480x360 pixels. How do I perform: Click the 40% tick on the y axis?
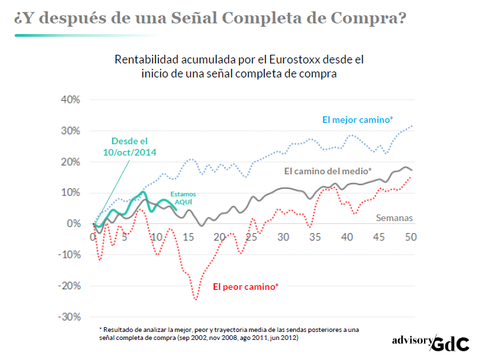click(x=70, y=100)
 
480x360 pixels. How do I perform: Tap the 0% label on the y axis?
click(x=73, y=224)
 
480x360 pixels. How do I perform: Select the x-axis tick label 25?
click(x=252, y=237)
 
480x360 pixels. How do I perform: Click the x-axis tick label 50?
click(x=411, y=237)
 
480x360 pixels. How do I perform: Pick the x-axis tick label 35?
click(x=315, y=237)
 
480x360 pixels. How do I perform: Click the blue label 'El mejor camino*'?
click(x=357, y=120)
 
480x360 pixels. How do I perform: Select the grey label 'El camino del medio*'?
click(x=328, y=171)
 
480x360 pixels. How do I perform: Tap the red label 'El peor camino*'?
click(x=246, y=287)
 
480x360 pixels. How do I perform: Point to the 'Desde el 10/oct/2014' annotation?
click(x=130, y=147)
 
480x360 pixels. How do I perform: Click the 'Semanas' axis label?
click(x=395, y=218)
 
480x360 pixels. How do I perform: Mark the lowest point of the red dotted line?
click(x=196, y=299)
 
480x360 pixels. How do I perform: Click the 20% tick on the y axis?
click(x=70, y=162)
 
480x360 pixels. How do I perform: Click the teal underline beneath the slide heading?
click(x=87, y=35)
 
